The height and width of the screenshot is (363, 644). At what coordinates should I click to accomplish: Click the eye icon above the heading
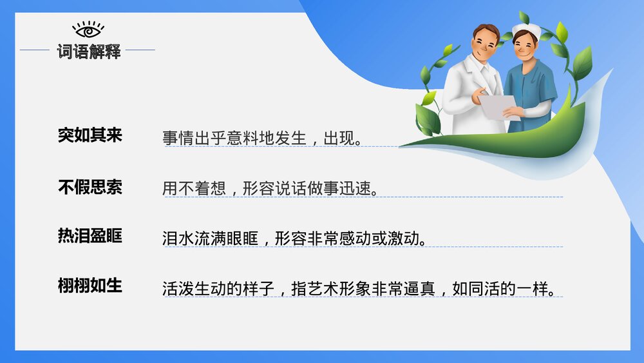[x=88, y=30]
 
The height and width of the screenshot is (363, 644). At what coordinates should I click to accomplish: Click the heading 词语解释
[x=89, y=51]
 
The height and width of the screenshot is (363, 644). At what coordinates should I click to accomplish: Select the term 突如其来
[x=90, y=135]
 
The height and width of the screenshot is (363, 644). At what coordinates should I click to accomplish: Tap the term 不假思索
[x=90, y=187]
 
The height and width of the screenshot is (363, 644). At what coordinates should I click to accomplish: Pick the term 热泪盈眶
[x=90, y=236]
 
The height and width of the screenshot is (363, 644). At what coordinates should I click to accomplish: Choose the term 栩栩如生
[x=90, y=285]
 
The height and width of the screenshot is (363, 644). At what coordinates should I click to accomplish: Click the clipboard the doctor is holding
[x=498, y=106]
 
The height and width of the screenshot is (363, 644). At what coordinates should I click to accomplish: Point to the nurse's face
[x=524, y=47]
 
